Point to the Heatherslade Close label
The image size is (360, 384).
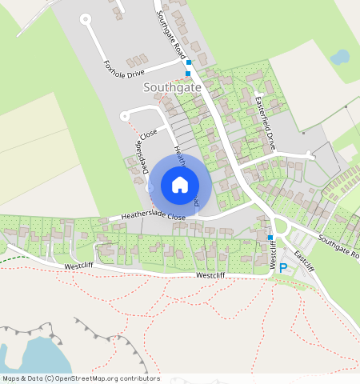(x=154, y=216)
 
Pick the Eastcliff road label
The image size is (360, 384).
(x=304, y=259)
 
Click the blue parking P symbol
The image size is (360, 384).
(x=282, y=269)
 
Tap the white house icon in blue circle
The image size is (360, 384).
(x=180, y=185)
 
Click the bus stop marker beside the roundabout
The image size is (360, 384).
(x=270, y=237)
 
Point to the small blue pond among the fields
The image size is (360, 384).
(x=340, y=57)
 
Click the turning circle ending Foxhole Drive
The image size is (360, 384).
(x=86, y=19)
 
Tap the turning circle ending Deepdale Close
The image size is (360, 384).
(x=125, y=117)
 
